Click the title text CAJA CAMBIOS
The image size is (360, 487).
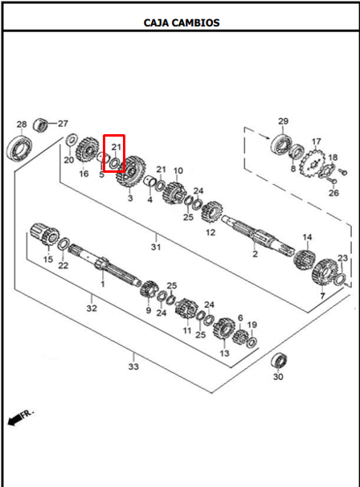pos(182,23)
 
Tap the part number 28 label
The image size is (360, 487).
pos(22,125)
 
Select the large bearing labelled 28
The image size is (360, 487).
pos(18,149)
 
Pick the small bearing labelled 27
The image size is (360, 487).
pos(40,125)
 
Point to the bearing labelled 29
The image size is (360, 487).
pos(282,145)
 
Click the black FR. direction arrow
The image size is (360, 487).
pos(14,420)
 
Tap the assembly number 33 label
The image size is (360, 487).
pos(133,366)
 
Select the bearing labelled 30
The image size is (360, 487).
pos(279,361)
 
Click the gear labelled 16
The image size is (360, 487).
pos(87,151)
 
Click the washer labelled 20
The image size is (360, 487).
pos(72,139)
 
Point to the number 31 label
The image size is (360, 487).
pos(156,248)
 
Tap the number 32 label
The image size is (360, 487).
pos(92,309)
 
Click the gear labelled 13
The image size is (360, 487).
pos(224,329)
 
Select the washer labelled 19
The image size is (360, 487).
pos(252,342)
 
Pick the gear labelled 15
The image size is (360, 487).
pos(45,235)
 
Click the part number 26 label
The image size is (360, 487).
pos(334,193)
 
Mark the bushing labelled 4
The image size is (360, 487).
pos(150,181)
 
